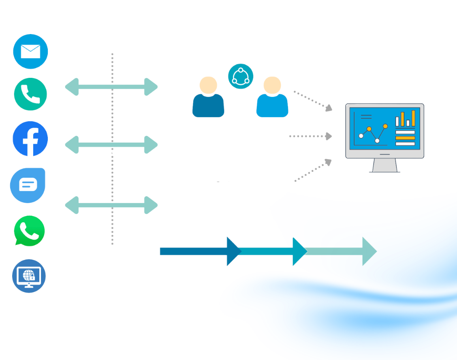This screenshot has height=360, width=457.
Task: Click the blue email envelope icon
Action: click(30, 51)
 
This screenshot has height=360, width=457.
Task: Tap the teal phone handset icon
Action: click(30, 94)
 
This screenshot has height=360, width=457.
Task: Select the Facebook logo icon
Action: click(30, 139)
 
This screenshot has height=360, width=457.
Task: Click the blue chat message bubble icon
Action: click(28, 185)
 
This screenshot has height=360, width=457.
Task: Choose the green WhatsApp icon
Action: click(29, 231)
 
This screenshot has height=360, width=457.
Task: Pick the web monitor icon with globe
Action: click(29, 276)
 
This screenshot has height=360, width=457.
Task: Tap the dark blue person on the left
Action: click(208, 99)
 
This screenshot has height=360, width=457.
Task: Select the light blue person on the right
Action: click(272, 99)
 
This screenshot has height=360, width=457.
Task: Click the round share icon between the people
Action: click(241, 76)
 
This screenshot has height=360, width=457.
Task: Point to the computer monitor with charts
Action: click(384, 132)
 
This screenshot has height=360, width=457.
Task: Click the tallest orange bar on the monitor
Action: click(413, 118)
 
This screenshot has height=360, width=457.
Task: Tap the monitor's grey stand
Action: click(384, 165)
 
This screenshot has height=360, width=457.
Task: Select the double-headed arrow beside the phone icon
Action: click(111, 87)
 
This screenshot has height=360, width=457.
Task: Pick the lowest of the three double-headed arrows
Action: click(111, 205)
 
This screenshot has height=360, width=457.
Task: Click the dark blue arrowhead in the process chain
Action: click(233, 251)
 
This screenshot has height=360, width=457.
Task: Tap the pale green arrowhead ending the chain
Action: click(369, 251)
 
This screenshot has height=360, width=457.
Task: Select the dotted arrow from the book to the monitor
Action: click(310, 137)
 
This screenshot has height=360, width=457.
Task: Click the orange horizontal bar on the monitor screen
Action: click(405, 138)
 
